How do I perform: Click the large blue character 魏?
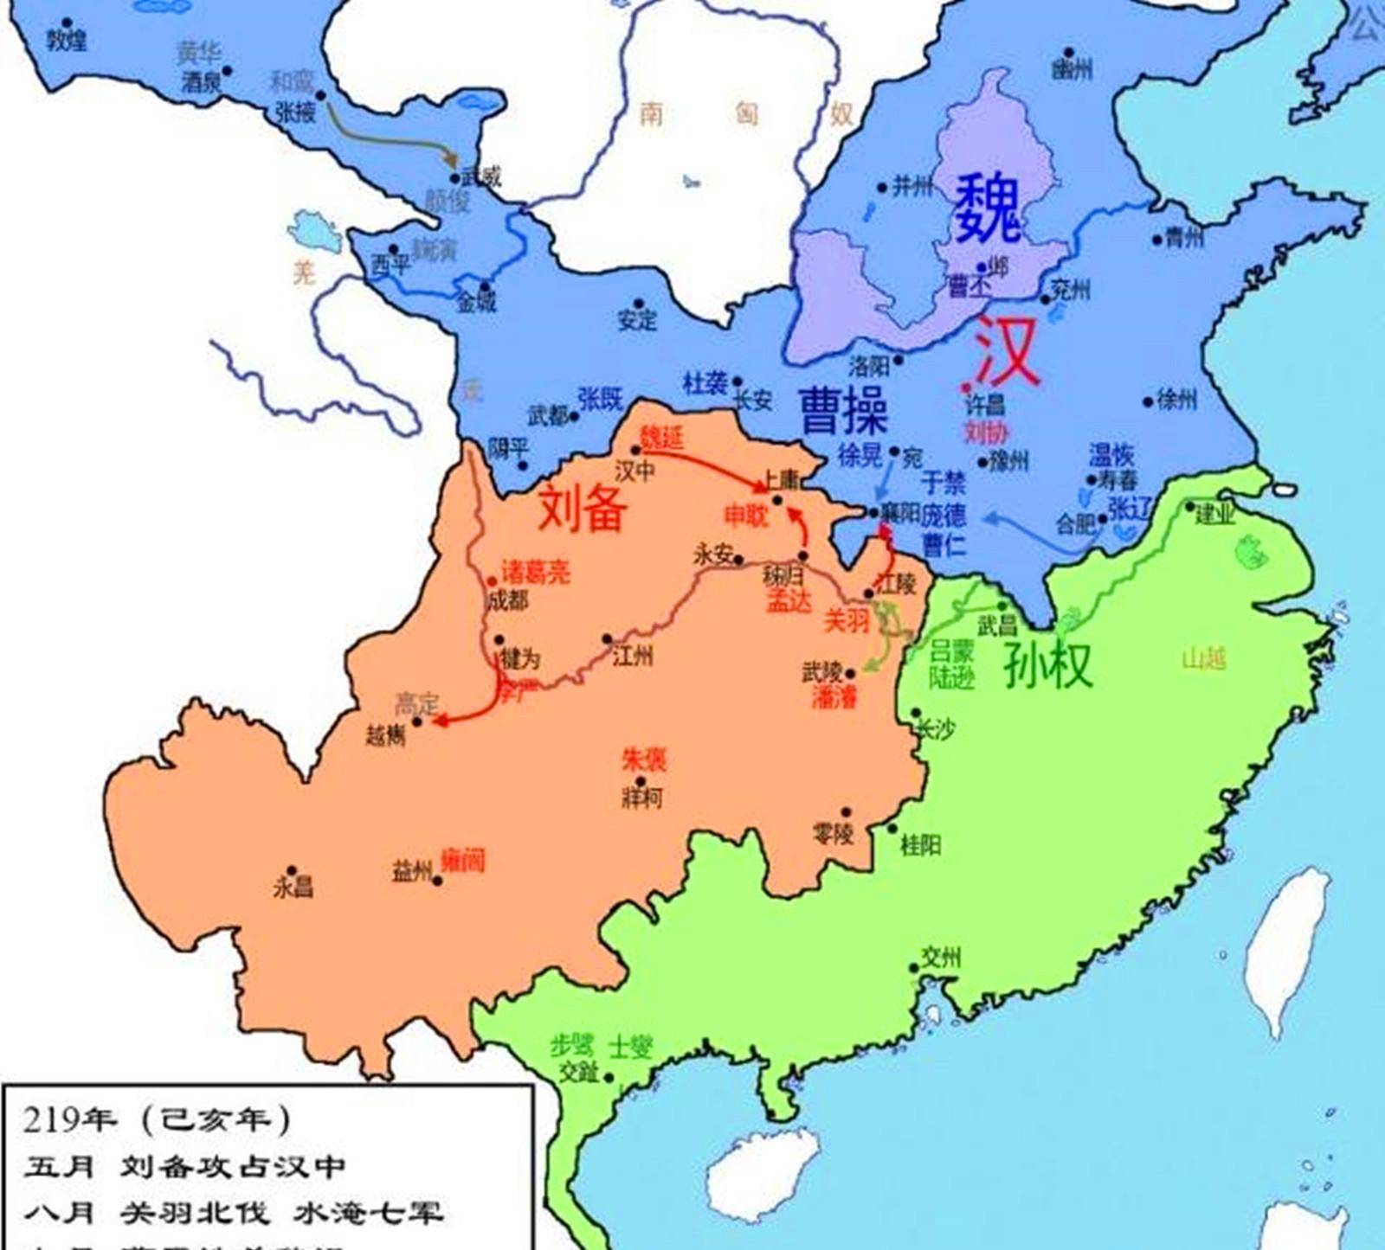[988, 208]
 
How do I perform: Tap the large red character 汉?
[1006, 351]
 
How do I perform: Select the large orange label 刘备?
[582, 508]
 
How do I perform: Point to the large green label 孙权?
[1047, 665]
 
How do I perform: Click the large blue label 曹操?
[843, 410]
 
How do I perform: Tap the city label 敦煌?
[67, 40]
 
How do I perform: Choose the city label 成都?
[506, 599]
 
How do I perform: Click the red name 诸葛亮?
[536, 572]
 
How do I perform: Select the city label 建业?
[1214, 515]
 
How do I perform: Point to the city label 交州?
[940, 957]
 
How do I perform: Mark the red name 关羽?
[845, 619]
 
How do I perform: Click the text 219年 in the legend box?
[69, 1119]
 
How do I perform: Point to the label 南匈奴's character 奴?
[841, 114]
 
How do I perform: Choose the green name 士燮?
[629, 1047]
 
